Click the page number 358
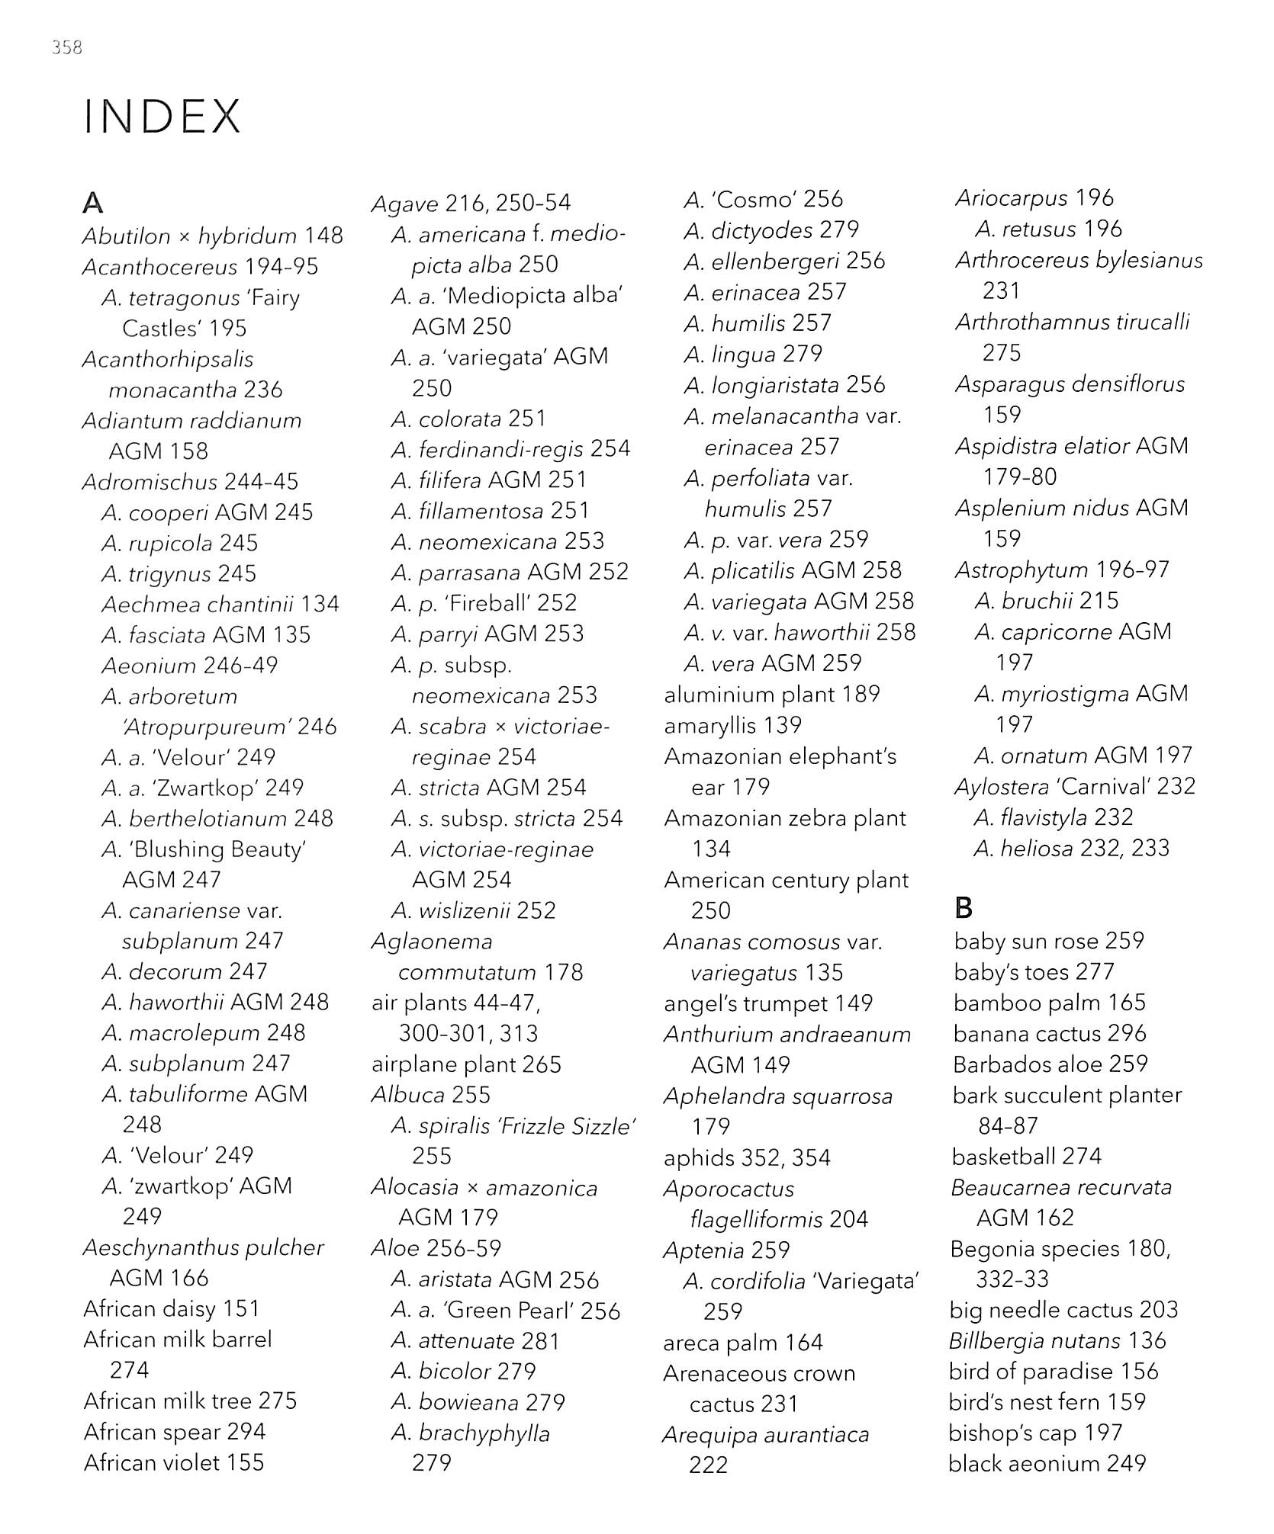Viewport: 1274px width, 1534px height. pyautogui.click(x=67, y=47)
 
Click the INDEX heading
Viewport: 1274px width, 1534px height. pyautogui.click(x=162, y=117)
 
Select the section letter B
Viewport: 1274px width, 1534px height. pyautogui.click(x=964, y=907)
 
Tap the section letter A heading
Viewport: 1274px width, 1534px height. pyautogui.click(x=92, y=203)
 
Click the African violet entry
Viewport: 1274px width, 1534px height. pyautogui.click(x=174, y=1462)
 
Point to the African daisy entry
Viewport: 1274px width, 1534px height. pyautogui.click(x=172, y=1308)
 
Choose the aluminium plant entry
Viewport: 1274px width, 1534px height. pyautogui.click(x=771, y=694)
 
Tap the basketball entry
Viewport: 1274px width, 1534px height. pyautogui.click(x=1027, y=1156)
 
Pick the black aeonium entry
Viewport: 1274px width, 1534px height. pyautogui.click(x=1047, y=1463)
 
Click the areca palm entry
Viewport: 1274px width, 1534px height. pyautogui.click(x=743, y=1342)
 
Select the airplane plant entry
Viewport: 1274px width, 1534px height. pyautogui.click(x=466, y=1064)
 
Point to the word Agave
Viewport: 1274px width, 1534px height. pyautogui.click(x=405, y=204)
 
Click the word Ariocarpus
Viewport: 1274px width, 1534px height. pyautogui.click(x=1012, y=198)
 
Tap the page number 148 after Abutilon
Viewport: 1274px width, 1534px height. pyautogui.click(x=323, y=236)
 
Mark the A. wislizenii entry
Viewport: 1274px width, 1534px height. pyautogui.click(x=473, y=910)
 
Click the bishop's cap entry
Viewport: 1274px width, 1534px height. pyautogui.click(x=1035, y=1433)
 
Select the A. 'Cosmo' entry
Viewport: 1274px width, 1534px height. pyautogui.click(x=763, y=200)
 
